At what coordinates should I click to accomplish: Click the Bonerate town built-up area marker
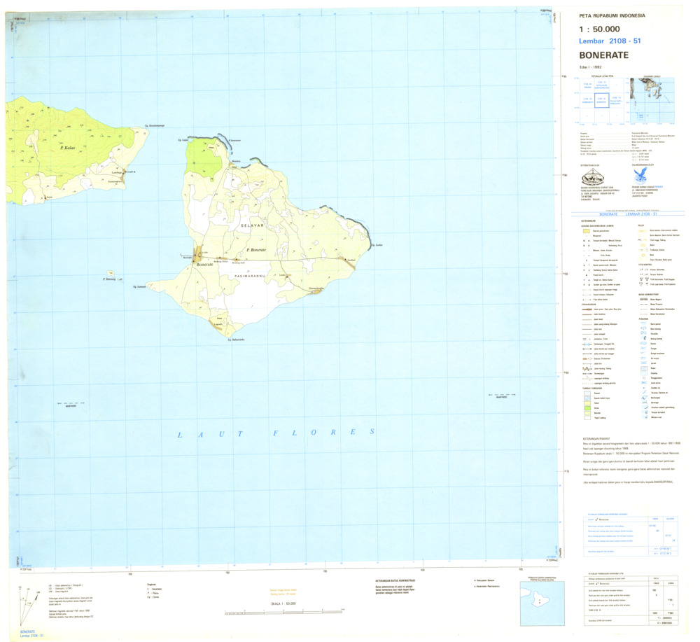coord(199,255)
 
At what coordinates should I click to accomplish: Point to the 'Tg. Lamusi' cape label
coord(143,286)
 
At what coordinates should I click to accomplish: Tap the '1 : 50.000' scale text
coord(599,29)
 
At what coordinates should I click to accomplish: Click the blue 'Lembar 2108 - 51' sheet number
coord(610,41)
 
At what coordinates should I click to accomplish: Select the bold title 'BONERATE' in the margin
coord(604,55)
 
